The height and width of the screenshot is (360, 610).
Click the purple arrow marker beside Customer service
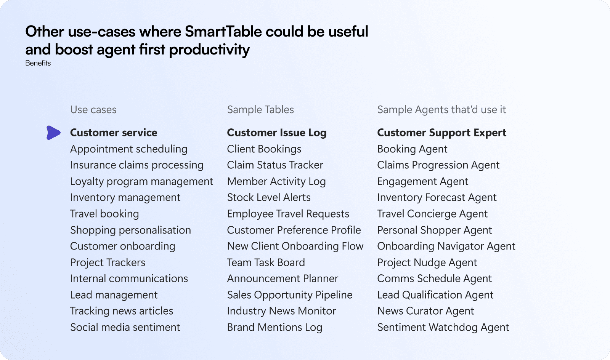(53, 133)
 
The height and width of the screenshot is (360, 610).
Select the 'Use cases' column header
(93, 110)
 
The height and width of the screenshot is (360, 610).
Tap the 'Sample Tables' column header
(260, 110)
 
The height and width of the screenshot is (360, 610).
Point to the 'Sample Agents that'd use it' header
(441, 110)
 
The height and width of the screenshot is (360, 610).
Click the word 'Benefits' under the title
(38, 63)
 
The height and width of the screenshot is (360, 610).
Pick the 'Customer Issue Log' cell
(277, 133)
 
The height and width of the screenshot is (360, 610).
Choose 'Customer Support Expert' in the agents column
(442, 133)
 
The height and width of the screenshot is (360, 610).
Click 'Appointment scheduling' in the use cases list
(128, 149)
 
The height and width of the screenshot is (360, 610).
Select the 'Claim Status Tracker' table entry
(275, 165)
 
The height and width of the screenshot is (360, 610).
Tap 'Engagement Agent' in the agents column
(423, 181)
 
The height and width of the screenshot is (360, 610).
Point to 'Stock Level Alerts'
(269, 198)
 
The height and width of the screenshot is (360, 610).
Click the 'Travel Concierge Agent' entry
(432, 214)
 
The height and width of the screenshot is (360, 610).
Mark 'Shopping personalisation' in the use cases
(130, 230)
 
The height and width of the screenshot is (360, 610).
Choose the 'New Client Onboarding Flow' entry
(295, 246)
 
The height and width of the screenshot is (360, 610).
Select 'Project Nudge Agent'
(427, 262)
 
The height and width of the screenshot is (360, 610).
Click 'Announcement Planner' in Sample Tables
(283, 278)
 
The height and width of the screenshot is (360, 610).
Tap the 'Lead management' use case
(114, 295)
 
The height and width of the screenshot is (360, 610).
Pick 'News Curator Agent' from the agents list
(425, 311)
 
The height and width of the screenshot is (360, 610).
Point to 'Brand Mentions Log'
(274, 327)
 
